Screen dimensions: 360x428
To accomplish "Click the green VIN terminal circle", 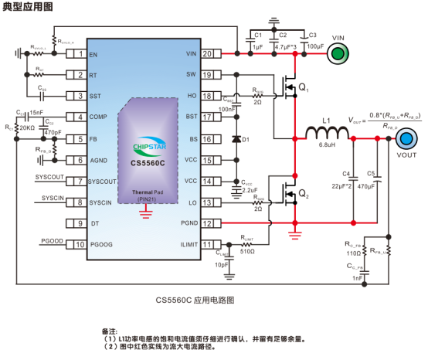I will coord(338,53).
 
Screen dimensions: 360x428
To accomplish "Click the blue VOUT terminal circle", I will coord(406,139).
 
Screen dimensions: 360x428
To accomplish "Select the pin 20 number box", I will coord(206,53).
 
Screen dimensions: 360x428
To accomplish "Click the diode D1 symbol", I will coord(236,139).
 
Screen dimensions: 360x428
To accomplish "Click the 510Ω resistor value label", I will coord(247,252).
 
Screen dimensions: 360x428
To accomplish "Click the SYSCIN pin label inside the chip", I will coord(103,202).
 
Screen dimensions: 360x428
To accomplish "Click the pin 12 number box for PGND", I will coord(206,223).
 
